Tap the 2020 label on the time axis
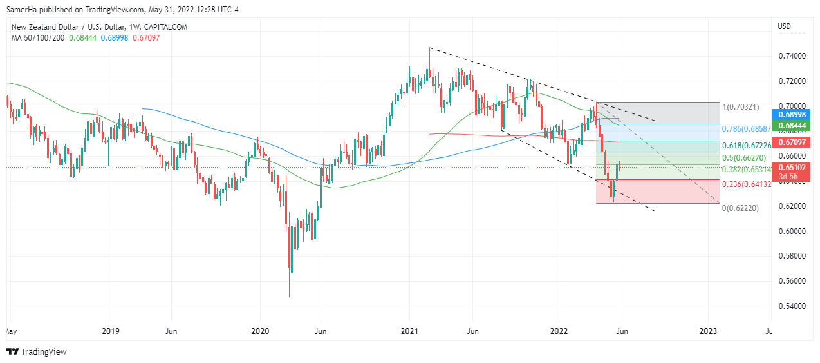(260, 331)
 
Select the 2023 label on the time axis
(709, 331)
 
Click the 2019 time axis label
(111, 331)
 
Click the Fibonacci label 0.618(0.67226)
(747, 146)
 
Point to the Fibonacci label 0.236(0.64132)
(748, 184)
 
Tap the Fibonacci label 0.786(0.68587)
(748, 129)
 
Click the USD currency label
(784, 26)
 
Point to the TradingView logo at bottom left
(37, 351)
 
